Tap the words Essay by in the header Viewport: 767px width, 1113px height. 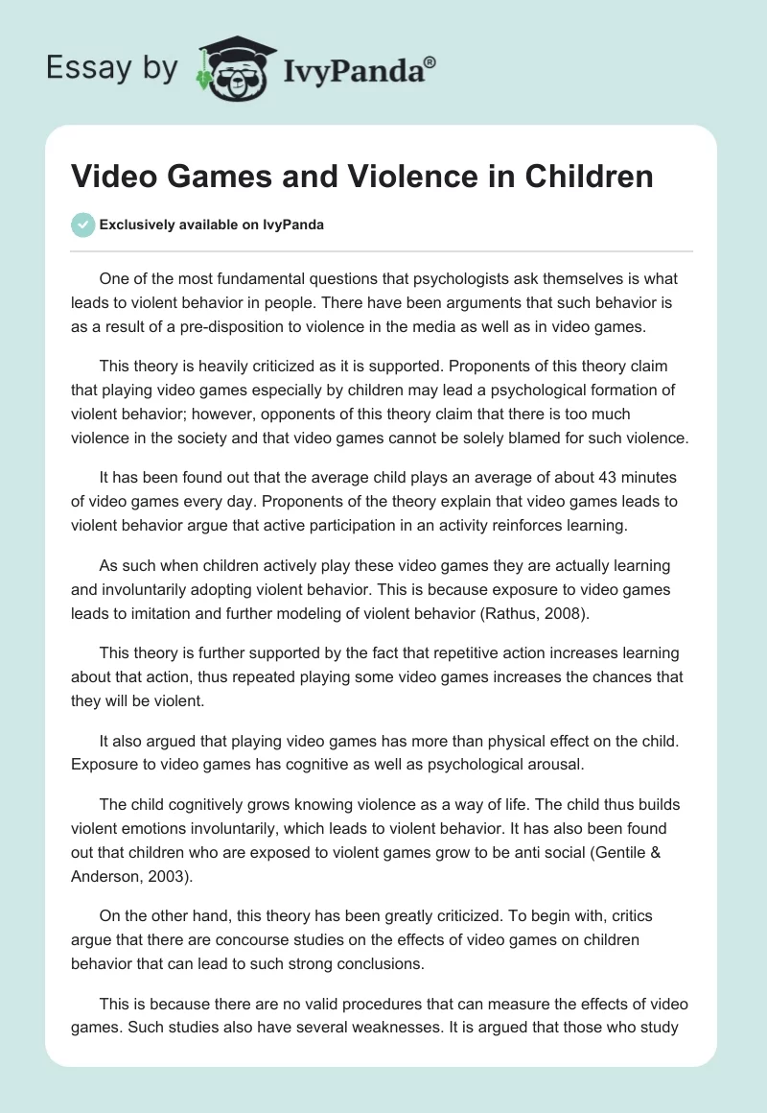(x=111, y=69)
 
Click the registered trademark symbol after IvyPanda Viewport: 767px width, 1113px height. (x=430, y=62)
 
